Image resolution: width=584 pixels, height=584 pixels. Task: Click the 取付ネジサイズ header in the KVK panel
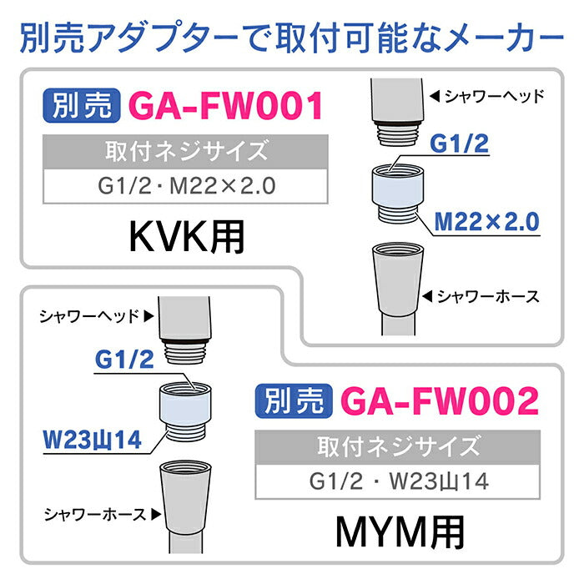tap(186, 153)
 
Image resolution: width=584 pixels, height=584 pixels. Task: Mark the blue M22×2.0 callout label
tap(488, 222)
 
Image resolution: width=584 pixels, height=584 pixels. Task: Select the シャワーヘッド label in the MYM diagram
tap(93, 316)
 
